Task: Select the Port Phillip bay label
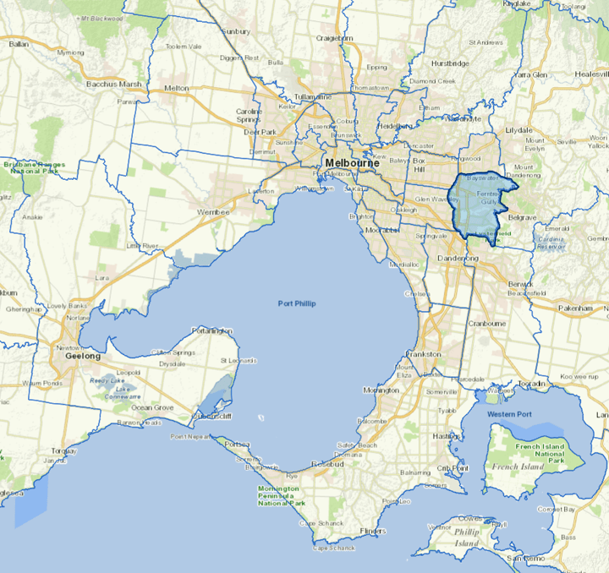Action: tap(296, 303)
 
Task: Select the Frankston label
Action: tap(424, 353)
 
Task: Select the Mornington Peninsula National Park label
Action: tap(282, 497)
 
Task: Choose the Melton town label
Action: tap(177, 88)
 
